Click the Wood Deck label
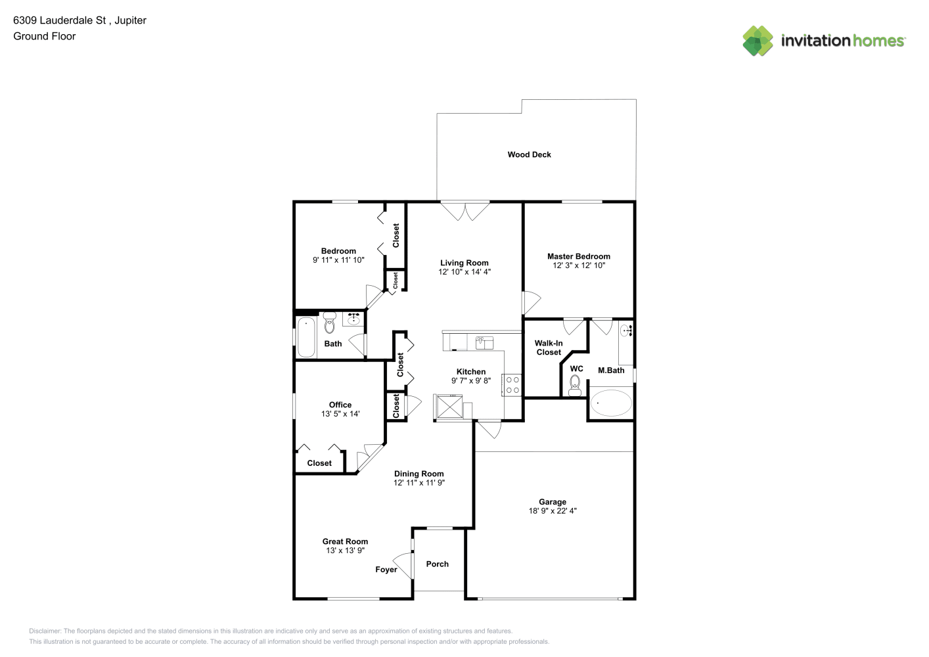[529, 154]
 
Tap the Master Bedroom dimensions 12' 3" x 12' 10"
[579, 265]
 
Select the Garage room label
[553, 502]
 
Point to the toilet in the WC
[575, 386]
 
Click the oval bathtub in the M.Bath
[611, 403]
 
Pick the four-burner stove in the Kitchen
[512, 385]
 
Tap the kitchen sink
[484, 342]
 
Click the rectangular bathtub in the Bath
[306, 337]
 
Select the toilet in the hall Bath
[329, 323]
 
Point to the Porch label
[437, 564]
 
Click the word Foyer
[386, 570]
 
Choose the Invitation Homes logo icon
[758, 41]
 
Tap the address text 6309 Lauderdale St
[60, 20]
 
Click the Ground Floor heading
[45, 37]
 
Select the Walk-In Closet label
[549, 348]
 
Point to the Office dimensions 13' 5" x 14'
[340, 413]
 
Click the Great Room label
[345, 541]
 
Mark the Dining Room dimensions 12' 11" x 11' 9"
[419, 483]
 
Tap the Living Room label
[464, 263]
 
